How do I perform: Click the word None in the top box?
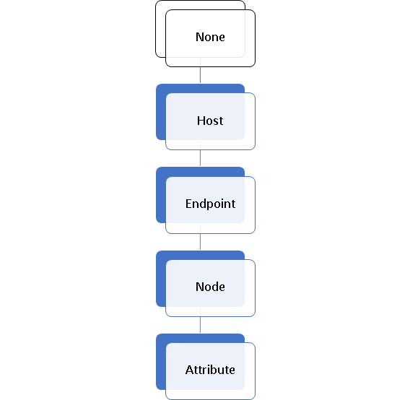(210, 37)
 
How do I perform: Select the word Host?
(210, 121)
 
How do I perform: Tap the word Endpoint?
(210, 204)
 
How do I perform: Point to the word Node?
(210, 287)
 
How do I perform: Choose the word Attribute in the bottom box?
(210, 370)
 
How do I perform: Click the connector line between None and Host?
(200, 75)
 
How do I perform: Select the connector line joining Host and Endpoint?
(200, 158)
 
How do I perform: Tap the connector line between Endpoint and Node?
(200, 241)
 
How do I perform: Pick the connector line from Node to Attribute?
(200, 325)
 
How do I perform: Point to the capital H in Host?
(201, 121)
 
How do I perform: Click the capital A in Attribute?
(190, 370)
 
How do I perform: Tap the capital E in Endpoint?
(189, 204)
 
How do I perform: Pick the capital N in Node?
(200, 287)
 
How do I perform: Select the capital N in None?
(200, 37)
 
